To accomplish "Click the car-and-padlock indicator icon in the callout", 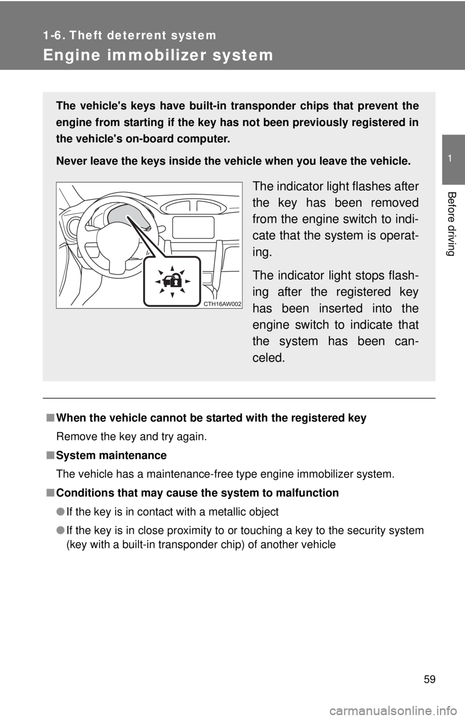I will tap(172, 281).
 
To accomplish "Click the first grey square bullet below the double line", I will tap(50, 418).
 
